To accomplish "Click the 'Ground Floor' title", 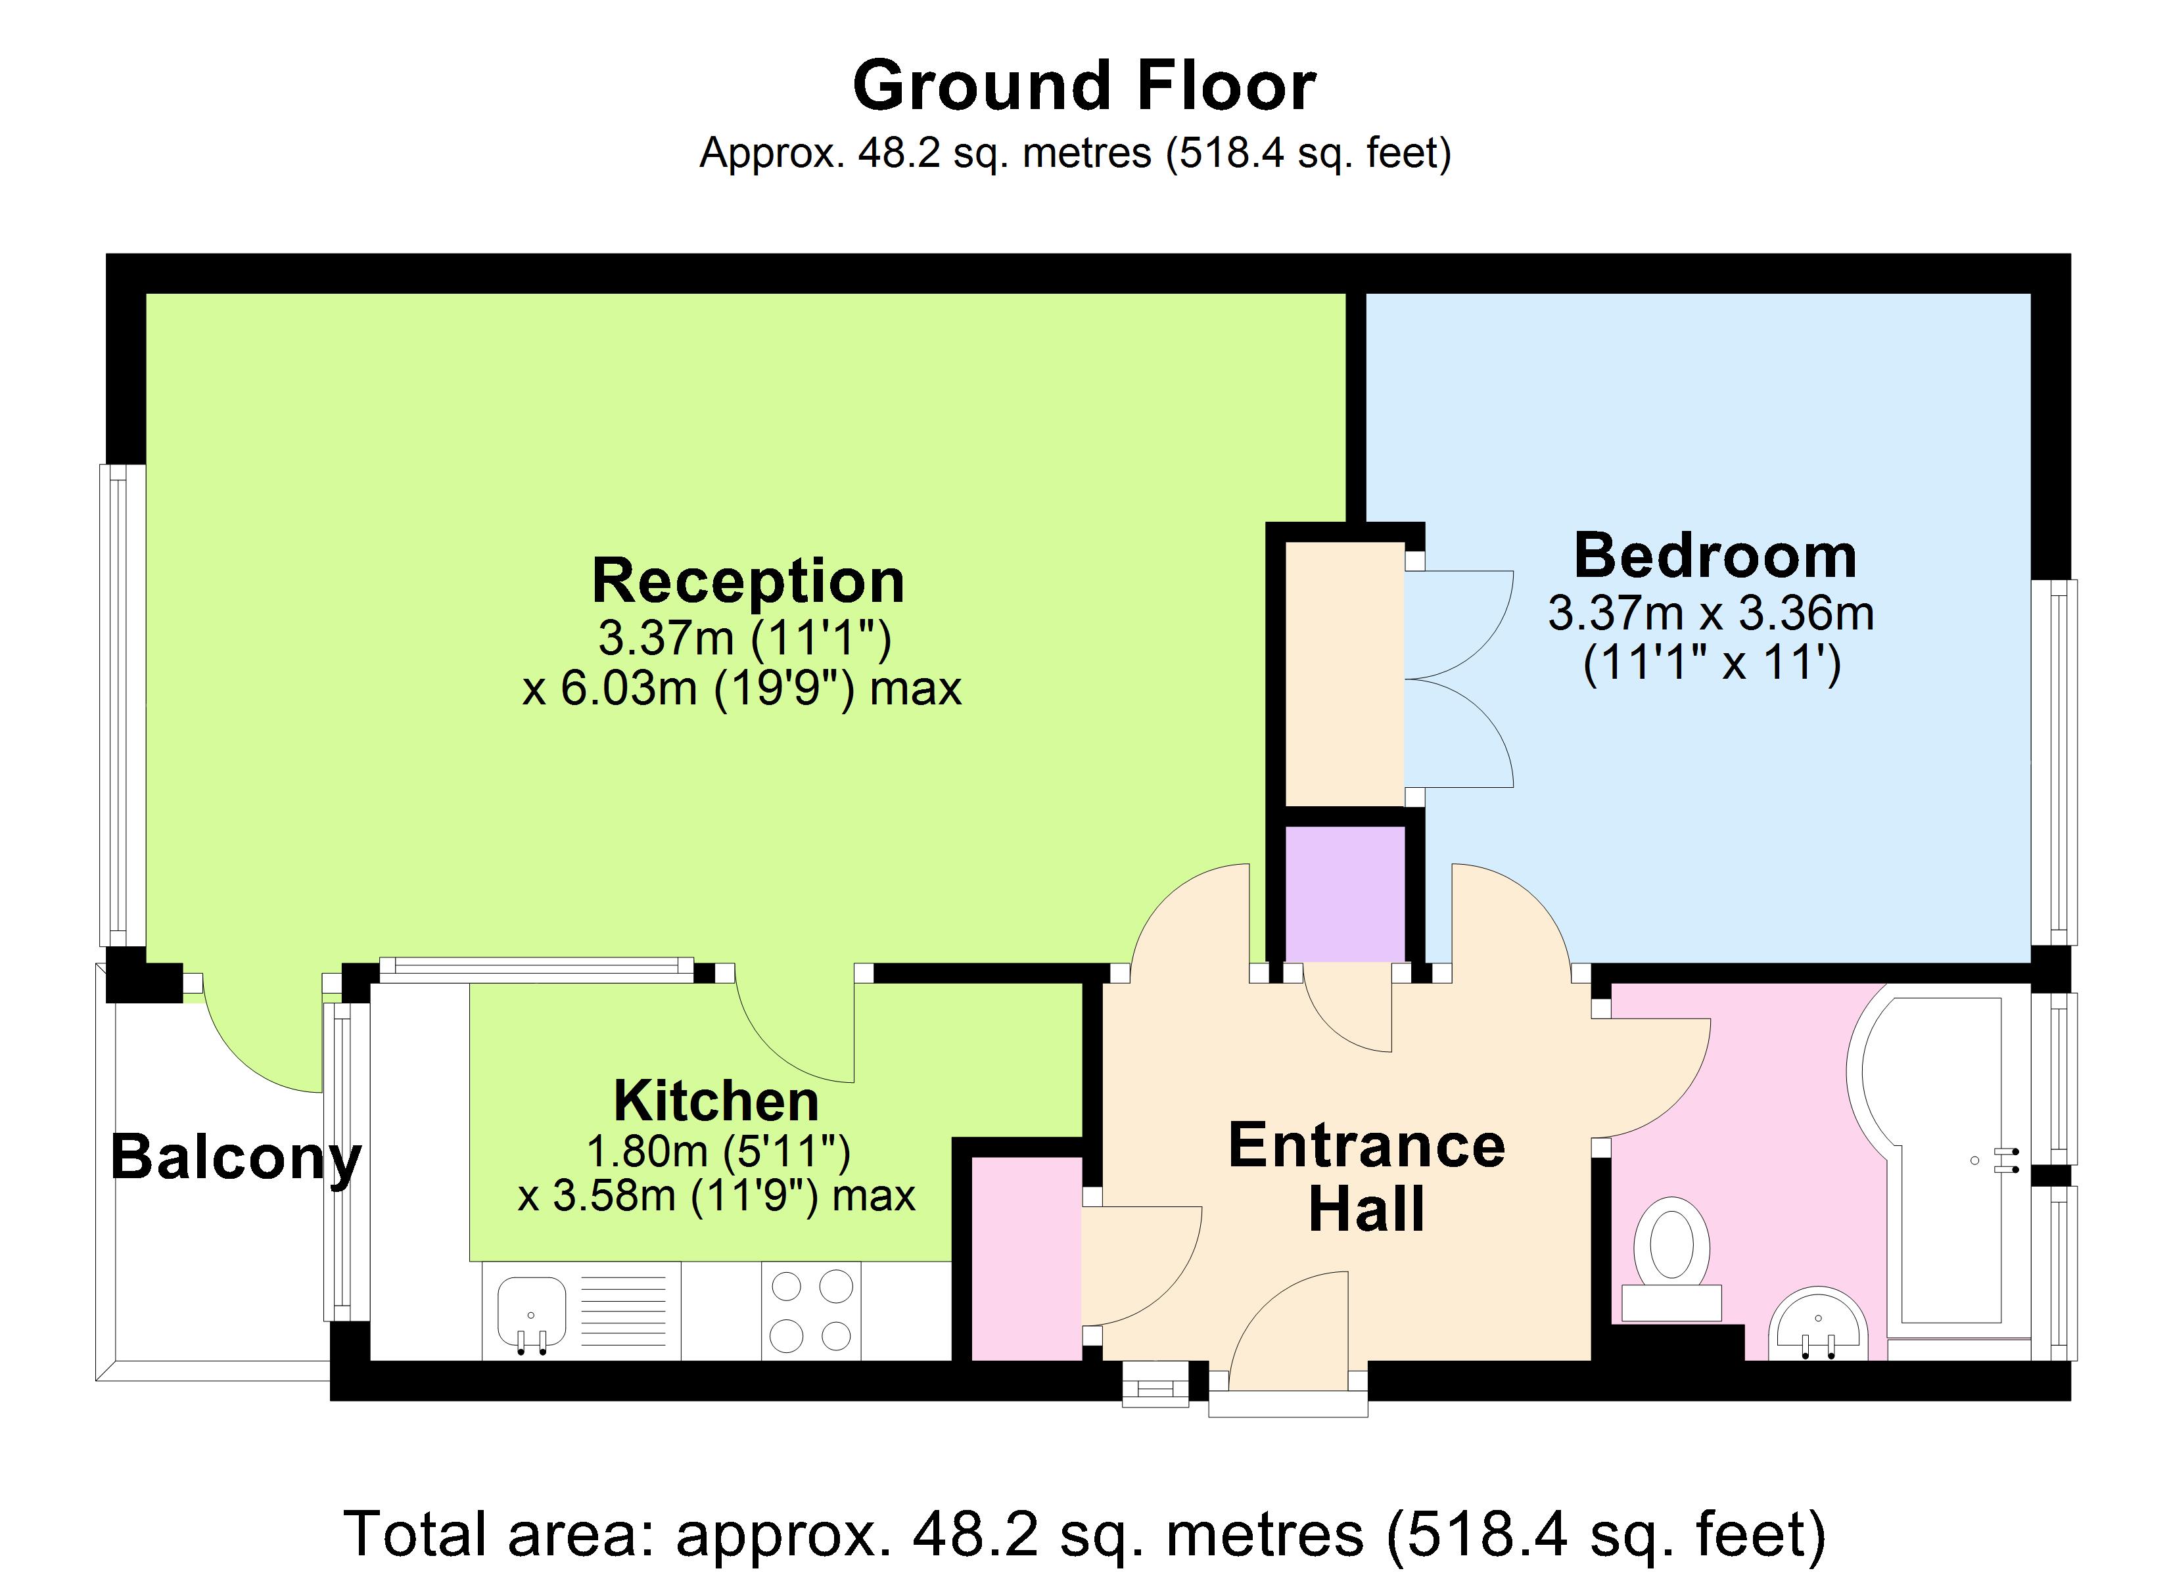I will point(1084,87).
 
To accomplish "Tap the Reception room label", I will point(748,582).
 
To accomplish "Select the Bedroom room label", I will point(1715,557).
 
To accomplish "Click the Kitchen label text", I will point(716,1102).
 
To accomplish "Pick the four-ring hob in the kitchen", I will point(811,1310).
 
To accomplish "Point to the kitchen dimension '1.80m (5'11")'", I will point(717,1151).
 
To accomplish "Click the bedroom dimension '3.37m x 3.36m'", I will point(1711,614).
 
